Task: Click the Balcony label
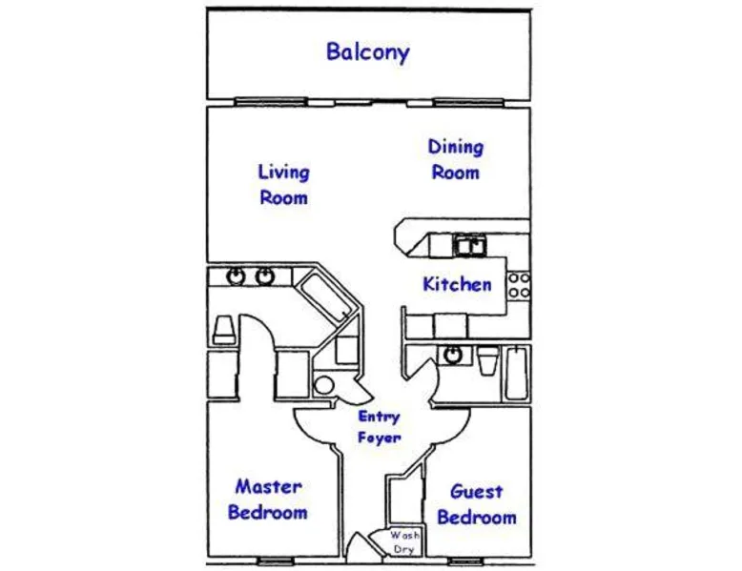click(368, 52)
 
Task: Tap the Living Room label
click(284, 185)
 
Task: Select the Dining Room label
click(456, 159)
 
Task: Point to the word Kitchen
click(457, 284)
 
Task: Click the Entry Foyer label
click(380, 427)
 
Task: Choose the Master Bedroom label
click(268, 500)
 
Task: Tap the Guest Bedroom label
click(477, 504)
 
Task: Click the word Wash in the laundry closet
click(404, 536)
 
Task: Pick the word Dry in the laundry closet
click(403, 550)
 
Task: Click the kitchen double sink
click(471, 246)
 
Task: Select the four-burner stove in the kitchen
click(519, 285)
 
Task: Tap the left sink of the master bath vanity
click(236, 276)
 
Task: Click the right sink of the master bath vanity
click(265, 276)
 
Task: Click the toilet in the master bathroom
click(224, 330)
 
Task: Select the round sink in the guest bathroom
click(453, 355)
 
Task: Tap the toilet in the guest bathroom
click(488, 360)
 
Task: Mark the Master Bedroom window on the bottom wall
click(276, 561)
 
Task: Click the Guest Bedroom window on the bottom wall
click(465, 561)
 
